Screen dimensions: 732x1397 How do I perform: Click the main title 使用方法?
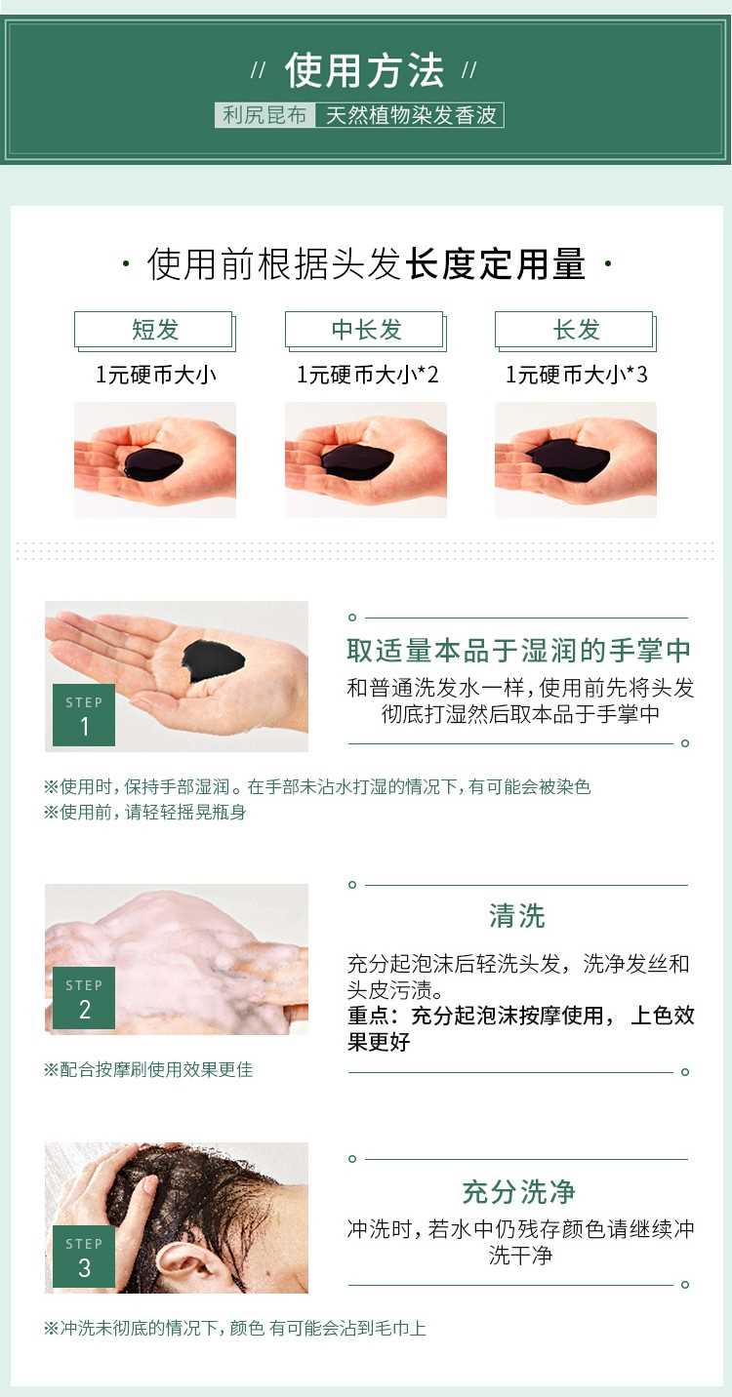[x=364, y=70]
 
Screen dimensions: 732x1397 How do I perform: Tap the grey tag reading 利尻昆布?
[x=264, y=115]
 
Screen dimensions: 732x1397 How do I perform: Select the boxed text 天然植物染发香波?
[x=410, y=115]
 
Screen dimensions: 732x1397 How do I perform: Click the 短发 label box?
[x=155, y=331]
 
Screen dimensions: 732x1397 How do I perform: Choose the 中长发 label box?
[x=366, y=331]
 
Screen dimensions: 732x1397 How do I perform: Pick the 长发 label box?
[x=576, y=331]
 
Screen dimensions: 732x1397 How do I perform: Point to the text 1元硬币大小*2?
[x=367, y=375]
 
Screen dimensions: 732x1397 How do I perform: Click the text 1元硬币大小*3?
[x=576, y=375]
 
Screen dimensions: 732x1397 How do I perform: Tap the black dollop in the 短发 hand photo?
[x=153, y=463]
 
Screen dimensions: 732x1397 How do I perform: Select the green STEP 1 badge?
[x=84, y=715]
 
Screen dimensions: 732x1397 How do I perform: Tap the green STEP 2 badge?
[x=84, y=998]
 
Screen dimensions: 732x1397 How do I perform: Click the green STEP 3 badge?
[x=84, y=1257]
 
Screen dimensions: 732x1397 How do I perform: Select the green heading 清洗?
[x=517, y=916]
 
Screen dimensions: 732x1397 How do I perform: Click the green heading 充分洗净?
[x=518, y=1192]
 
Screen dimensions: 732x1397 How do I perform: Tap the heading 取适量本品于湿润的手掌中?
[x=518, y=651]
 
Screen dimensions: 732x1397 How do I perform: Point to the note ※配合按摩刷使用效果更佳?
[x=148, y=1069]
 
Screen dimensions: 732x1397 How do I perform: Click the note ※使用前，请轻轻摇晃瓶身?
[x=144, y=812]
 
